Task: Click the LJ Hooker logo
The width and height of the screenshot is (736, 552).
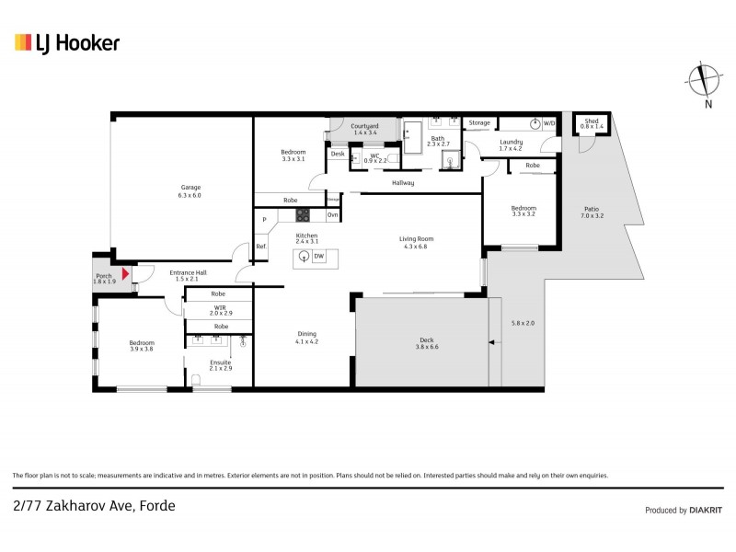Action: [x=66, y=42]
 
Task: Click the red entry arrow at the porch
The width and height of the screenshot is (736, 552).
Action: [x=126, y=273]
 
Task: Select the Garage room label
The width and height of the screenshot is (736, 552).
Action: [x=190, y=189]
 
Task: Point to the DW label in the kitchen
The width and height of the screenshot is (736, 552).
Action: [x=318, y=257]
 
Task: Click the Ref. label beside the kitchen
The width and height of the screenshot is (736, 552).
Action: [x=261, y=246]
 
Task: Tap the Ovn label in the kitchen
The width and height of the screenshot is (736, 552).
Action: [x=332, y=215]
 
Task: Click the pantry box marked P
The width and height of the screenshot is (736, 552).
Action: [x=264, y=219]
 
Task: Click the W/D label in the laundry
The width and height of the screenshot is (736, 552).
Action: [x=549, y=122]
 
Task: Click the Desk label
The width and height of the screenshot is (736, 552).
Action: [x=338, y=154]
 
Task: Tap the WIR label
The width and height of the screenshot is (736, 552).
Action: [x=220, y=308]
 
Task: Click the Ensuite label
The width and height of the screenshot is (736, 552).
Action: [x=220, y=362]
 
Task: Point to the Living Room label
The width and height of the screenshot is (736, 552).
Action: [x=416, y=239]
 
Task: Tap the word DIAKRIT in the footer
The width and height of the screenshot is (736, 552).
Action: [x=702, y=510]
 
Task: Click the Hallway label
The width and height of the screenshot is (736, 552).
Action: [x=402, y=183]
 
